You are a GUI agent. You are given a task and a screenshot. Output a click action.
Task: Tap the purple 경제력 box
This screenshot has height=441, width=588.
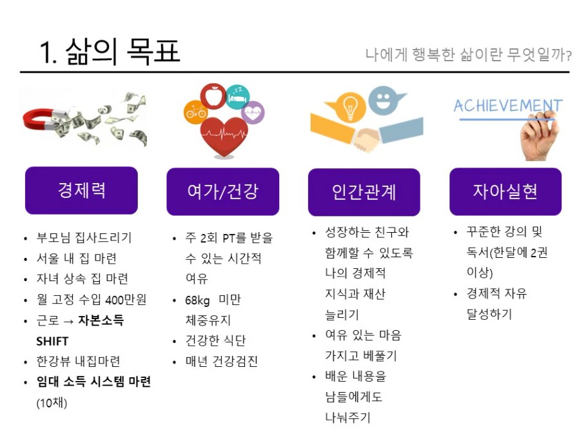[x=81, y=190]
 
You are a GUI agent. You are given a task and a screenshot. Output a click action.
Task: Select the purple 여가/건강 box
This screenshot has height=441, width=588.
[x=222, y=191]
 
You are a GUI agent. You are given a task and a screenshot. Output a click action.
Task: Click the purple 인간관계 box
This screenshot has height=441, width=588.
[x=364, y=192]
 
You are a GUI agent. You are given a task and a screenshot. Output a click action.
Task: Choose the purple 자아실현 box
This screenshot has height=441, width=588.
[x=505, y=191]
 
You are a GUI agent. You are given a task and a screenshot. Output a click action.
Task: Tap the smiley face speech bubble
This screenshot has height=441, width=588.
[x=384, y=100]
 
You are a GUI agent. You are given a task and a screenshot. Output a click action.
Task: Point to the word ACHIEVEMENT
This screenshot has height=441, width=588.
[x=508, y=106]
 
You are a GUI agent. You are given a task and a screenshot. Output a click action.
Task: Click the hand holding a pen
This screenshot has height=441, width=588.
[x=539, y=135]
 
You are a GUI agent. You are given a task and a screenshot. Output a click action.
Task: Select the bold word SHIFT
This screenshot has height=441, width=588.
[x=52, y=341]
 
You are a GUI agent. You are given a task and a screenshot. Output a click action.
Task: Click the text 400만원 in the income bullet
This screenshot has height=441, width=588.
[x=126, y=300]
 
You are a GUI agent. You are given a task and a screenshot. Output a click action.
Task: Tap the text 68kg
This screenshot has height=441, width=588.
[x=197, y=300]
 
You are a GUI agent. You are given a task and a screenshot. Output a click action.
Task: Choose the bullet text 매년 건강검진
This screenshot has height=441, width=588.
[x=222, y=361]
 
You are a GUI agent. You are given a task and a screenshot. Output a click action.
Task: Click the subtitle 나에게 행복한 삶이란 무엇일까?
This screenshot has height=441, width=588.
[x=468, y=55]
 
